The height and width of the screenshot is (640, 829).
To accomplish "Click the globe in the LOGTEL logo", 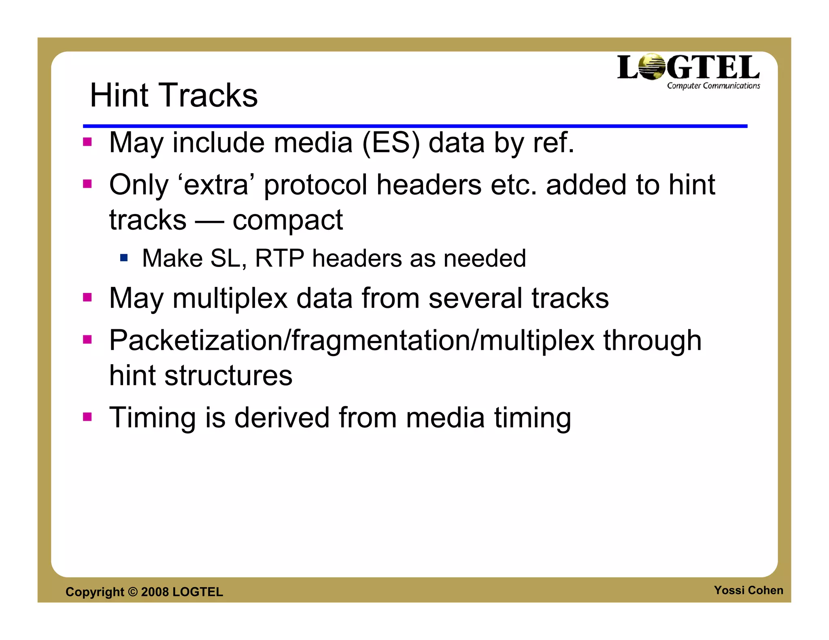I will [x=652, y=67].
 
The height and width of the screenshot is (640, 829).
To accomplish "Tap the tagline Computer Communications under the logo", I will [x=713, y=86].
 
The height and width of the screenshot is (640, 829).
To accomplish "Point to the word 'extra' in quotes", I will [x=216, y=185].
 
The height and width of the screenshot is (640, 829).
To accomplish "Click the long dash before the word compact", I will [x=209, y=221].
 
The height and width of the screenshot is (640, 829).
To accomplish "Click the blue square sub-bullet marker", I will [x=124, y=257].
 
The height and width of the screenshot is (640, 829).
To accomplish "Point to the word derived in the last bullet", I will [x=282, y=417].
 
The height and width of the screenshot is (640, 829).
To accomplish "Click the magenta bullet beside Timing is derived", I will [x=87, y=417].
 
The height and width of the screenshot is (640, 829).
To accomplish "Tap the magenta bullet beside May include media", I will [x=87, y=142].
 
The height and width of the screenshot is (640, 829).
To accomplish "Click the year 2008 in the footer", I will [x=155, y=592].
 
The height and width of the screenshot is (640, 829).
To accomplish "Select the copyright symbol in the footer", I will [x=132, y=592].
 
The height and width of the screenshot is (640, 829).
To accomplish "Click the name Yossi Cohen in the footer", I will [x=748, y=590].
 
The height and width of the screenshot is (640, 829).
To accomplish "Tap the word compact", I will [x=287, y=221].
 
